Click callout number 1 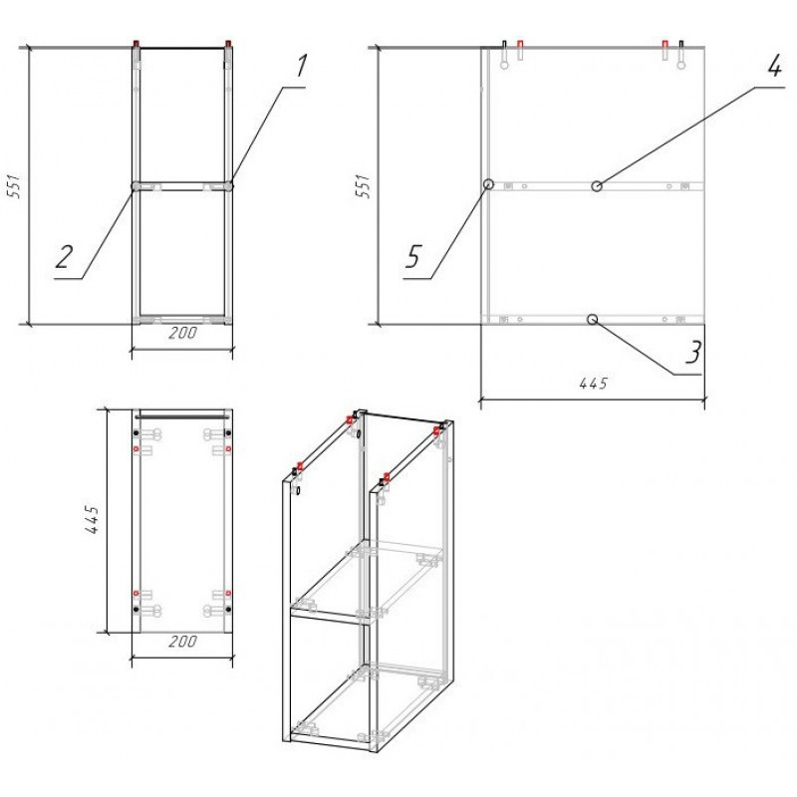(302, 67)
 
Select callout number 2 (65, 256)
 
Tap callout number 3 (693, 353)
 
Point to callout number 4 (774, 66)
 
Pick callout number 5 (413, 256)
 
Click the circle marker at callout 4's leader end (597, 186)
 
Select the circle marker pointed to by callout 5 (488, 184)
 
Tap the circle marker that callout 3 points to (592, 319)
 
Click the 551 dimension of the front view (15, 186)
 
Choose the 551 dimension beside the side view (364, 186)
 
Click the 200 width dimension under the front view (182, 334)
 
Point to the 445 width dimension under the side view (593, 384)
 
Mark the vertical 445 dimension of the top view (92, 519)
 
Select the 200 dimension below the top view (182, 642)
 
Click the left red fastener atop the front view (136, 43)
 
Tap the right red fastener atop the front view (228, 43)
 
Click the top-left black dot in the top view (135, 433)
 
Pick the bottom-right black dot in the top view (228, 609)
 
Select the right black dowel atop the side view (681, 54)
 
